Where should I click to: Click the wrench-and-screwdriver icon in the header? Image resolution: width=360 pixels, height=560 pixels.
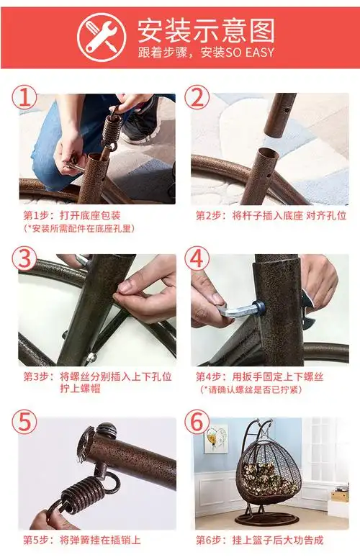click(x=102, y=37)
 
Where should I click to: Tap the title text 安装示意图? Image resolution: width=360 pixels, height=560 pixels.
click(x=207, y=30)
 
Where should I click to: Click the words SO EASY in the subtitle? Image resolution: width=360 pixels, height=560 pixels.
click(x=250, y=53)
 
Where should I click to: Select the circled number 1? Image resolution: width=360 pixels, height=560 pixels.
click(x=24, y=98)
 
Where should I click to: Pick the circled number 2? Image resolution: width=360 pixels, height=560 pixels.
click(x=197, y=98)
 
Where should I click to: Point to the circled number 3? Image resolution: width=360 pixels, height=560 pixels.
click(x=24, y=258)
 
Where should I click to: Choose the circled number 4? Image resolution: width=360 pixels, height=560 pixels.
click(x=197, y=258)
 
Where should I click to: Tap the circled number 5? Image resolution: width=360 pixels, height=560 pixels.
click(x=24, y=421)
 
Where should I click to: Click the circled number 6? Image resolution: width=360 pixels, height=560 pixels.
click(x=197, y=421)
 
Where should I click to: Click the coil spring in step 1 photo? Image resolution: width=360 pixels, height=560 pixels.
click(x=112, y=129)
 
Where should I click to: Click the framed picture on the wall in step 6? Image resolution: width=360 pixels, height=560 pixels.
click(x=216, y=438)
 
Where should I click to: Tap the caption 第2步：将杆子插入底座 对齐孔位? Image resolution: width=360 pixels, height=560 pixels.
click(x=271, y=215)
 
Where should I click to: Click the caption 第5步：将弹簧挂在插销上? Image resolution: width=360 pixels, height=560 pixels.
click(x=82, y=540)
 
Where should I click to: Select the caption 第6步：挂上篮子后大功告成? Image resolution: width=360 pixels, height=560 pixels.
click(x=259, y=540)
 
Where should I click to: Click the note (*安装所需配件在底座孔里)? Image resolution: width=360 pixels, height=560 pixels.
click(x=80, y=228)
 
